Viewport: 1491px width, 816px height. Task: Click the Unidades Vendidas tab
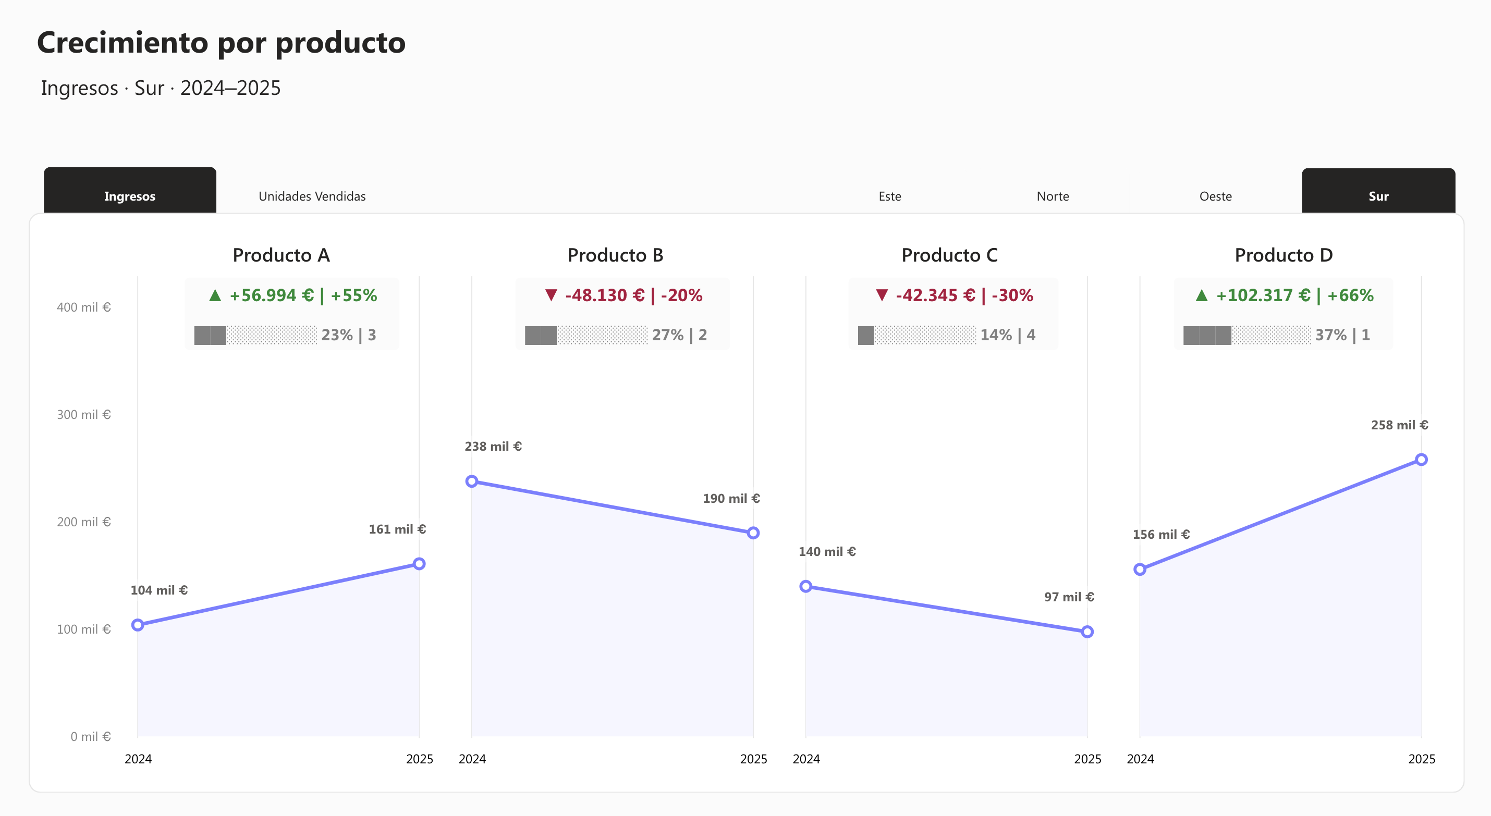click(312, 196)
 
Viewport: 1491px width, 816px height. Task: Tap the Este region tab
click(889, 196)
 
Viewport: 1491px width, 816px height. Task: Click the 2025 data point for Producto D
click(1421, 460)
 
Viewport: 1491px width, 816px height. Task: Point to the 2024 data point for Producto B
click(472, 481)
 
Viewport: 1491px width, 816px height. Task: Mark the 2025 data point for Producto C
click(1087, 632)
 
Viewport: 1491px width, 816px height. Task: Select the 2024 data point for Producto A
click(138, 624)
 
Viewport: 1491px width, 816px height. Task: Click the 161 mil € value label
click(397, 529)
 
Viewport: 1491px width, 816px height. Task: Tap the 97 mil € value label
click(1069, 597)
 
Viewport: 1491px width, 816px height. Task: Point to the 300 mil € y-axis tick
click(83, 414)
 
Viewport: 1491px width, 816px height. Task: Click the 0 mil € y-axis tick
click(90, 736)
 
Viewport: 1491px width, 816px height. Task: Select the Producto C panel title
click(949, 255)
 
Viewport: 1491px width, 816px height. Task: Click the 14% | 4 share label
click(1007, 335)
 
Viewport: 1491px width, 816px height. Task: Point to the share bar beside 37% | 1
click(1246, 335)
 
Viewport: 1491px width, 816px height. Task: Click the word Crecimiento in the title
click(122, 42)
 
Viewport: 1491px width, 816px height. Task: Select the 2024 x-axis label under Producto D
click(1140, 759)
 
